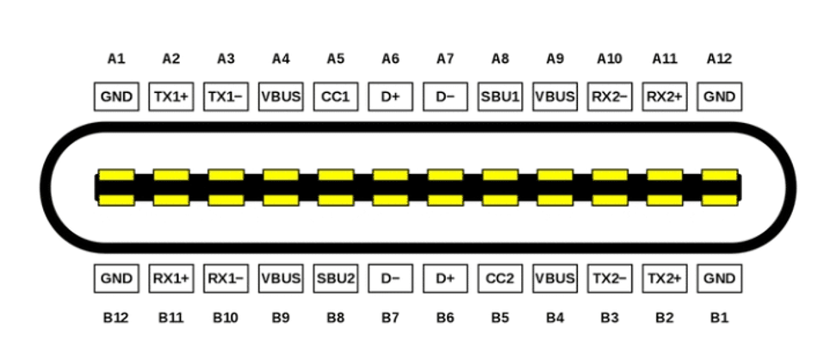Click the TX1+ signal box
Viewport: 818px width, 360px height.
(170, 96)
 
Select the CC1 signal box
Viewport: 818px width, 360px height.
(335, 96)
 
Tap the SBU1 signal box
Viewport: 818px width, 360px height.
(500, 96)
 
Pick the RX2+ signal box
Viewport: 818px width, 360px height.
(664, 96)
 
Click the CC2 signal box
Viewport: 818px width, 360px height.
(500, 278)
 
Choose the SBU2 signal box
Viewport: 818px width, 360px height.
(335, 278)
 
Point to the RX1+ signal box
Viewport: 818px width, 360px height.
(170, 278)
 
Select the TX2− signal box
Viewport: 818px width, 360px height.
(610, 278)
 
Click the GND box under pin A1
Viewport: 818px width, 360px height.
(116, 96)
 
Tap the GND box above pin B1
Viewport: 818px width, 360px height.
(719, 278)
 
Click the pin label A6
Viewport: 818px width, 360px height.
(390, 59)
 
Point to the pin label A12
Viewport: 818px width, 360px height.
(719, 59)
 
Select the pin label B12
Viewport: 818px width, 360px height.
(116, 318)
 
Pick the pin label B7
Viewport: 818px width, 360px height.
(390, 318)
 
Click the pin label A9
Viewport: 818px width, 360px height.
(555, 59)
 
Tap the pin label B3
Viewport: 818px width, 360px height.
(610, 318)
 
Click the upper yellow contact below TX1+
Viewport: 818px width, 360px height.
(170, 175)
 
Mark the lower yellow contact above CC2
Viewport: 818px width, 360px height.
(500, 200)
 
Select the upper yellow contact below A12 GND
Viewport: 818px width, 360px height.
(719, 175)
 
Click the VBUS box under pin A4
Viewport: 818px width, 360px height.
(281, 96)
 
